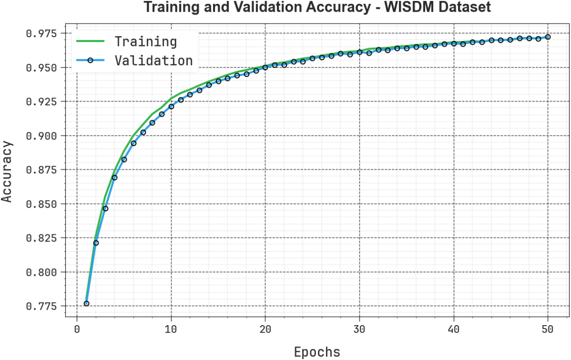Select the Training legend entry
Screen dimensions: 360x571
pos(145,42)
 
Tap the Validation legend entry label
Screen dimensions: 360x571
pos(153,60)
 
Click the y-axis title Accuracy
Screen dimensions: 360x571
pos(7,171)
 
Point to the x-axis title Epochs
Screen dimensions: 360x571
pos(317,352)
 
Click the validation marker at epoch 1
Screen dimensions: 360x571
pos(86,303)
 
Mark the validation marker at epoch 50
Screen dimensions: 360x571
pos(548,37)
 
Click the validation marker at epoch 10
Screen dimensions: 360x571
pos(171,106)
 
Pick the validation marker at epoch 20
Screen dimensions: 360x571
pos(265,67)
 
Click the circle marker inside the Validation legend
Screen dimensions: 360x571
pos(90,60)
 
